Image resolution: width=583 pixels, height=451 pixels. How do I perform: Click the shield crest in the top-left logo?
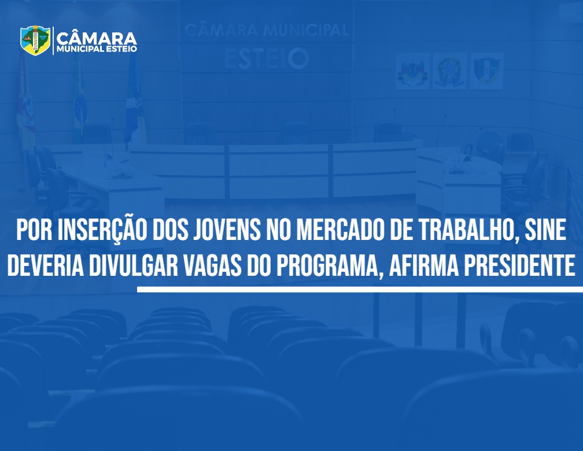click(35, 40)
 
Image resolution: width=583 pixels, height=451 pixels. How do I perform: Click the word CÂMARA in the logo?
click(97, 38)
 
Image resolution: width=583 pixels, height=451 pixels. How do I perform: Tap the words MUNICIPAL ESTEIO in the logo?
click(97, 49)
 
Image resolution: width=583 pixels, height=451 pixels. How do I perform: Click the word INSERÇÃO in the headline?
click(102, 231)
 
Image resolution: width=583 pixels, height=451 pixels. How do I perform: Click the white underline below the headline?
click(360, 289)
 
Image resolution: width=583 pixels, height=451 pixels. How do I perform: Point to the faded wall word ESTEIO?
click(267, 59)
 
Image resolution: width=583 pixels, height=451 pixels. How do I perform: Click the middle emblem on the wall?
click(449, 71)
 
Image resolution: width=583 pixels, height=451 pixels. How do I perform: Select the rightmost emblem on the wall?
click(487, 71)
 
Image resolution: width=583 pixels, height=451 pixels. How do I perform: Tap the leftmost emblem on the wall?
click(412, 71)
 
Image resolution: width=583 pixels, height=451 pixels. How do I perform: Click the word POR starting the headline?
click(34, 231)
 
